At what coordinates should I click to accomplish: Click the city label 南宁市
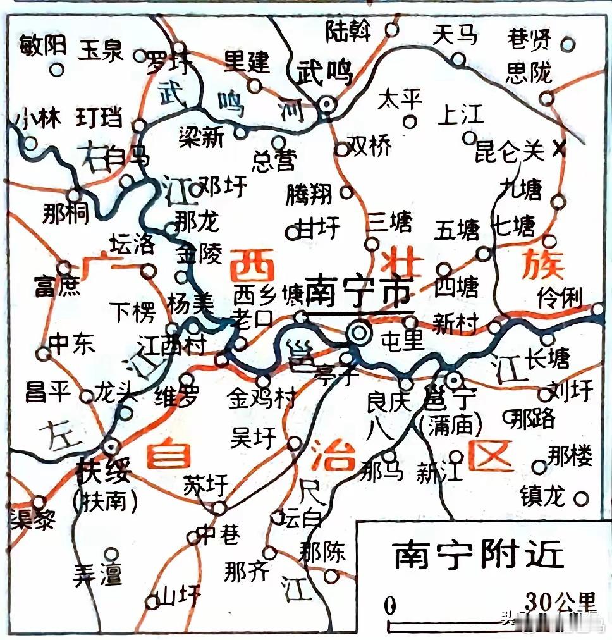(358, 293)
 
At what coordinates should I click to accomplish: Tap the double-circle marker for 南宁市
(360, 331)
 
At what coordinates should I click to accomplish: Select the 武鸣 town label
(324, 73)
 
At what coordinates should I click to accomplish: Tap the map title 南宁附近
(478, 556)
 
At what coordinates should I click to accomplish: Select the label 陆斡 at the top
(349, 30)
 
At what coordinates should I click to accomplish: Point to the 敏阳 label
(43, 46)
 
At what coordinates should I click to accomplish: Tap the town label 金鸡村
(261, 398)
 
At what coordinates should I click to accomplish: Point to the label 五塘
(456, 230)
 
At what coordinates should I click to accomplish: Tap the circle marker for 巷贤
(568, 44)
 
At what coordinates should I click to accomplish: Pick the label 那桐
(66, 214)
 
